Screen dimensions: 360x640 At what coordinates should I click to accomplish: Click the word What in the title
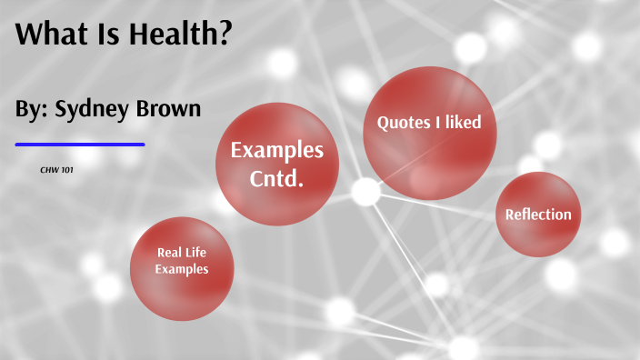click(x=51, y=36)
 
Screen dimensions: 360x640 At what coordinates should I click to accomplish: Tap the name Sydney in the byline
click(x=92, y=110)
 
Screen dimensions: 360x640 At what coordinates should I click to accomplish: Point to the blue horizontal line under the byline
click(x=80, y=144)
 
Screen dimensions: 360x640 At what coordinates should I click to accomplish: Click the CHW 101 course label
click(x=56, y=170)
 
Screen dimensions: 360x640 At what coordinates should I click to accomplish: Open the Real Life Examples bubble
click(x=182, y=262)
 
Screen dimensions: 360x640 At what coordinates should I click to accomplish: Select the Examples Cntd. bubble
click(x=276, y=165)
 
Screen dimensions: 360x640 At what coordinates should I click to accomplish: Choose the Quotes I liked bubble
click(x=424, y=132)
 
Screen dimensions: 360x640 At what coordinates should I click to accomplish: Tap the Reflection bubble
click(x=538, y=215)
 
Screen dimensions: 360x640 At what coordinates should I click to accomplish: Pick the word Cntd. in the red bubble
click(x=276, y=178)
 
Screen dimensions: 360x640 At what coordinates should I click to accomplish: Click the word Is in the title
click(x=107, y=36)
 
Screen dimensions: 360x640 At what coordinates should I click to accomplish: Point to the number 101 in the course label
click(x=67, y=170)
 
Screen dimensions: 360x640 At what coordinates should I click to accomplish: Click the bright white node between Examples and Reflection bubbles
click(x=365, y=192)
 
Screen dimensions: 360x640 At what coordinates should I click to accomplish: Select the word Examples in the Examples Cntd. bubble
click(x=276, y=150)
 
